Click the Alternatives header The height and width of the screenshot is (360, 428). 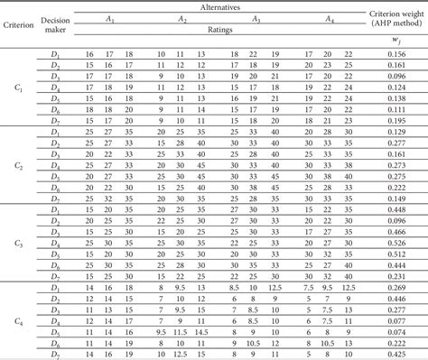pos(218,6)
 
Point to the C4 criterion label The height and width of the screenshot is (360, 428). pos(17,321)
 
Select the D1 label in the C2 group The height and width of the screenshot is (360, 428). pos(54,132)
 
